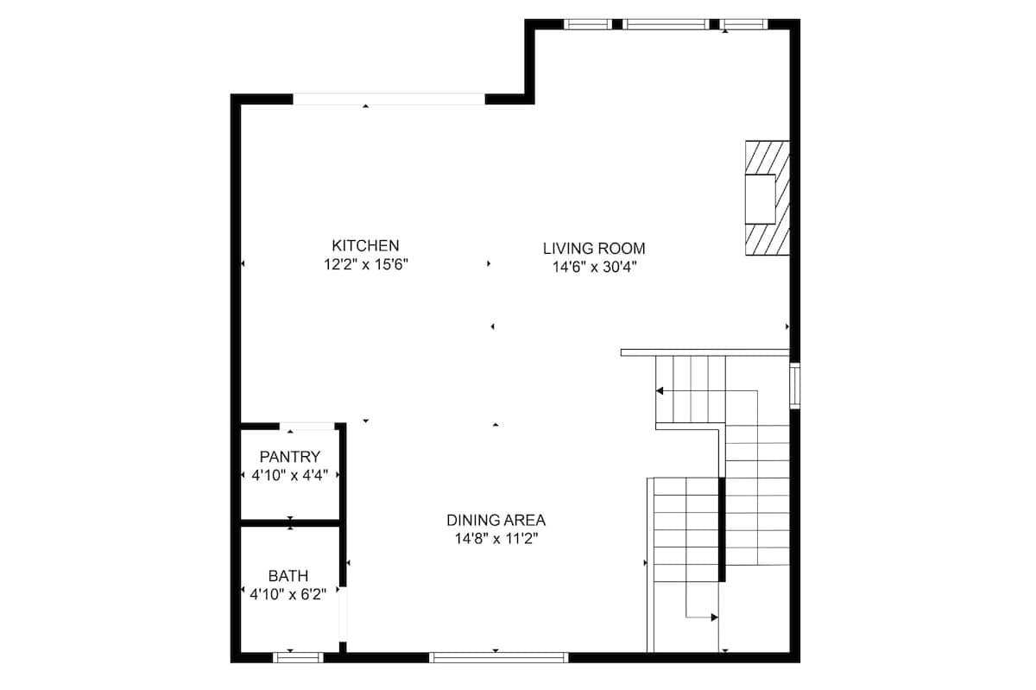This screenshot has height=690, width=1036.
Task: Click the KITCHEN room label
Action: coord(365,245)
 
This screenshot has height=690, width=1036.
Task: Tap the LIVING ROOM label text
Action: coord(594,249)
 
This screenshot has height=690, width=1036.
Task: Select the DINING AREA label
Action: coord(496,520)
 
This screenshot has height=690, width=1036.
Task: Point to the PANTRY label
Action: coord(290,457)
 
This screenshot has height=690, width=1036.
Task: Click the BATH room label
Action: coord(288,576)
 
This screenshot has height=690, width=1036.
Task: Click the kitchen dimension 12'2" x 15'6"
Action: coord(366,265)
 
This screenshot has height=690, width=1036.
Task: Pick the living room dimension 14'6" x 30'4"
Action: coord(595,267)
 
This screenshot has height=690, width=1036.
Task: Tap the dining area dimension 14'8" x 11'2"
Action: coord(496,539)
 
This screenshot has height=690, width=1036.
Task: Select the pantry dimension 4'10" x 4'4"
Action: coord(289,475)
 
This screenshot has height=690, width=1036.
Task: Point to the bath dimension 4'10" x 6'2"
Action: coord(288,594)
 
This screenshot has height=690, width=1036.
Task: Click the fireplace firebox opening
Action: coord(760,199)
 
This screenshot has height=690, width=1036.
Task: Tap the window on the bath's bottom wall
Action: coord(298,657)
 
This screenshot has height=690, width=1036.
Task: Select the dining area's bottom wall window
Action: coord(499,657)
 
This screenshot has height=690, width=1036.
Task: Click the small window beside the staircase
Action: coord(794,385)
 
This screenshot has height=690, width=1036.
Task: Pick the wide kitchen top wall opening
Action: coord(389,99)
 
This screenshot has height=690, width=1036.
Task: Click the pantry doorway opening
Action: coord(306,427)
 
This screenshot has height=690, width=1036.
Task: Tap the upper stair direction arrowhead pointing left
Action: coord(660,391)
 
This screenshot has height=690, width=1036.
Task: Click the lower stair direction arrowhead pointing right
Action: coord(715,617)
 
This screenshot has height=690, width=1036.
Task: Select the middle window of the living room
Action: coord(666,24)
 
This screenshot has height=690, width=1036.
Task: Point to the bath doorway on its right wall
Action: coord(343,615)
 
